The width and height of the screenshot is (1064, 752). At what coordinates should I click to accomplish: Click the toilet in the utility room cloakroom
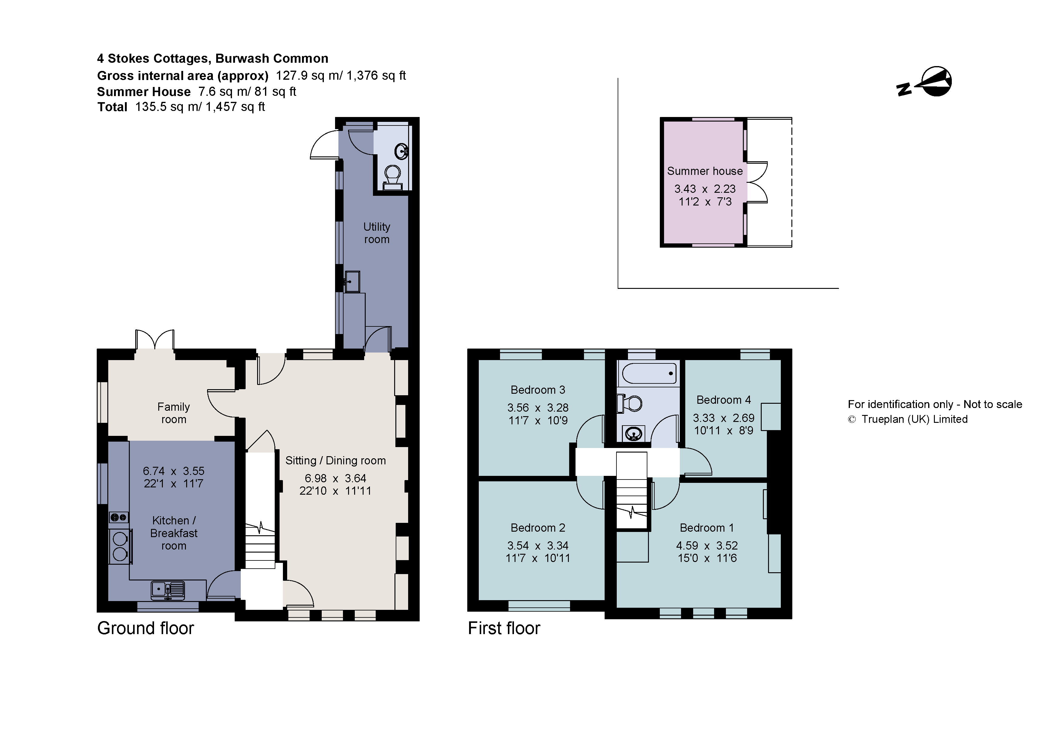[392, 176]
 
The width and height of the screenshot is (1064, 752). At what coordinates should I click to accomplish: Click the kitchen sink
[168, 590]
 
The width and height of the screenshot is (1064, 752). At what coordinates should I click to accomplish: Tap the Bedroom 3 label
[538, 390]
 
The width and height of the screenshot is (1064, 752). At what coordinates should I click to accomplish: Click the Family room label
[173, 413]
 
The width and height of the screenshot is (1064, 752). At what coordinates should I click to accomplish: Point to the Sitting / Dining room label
[335, 460]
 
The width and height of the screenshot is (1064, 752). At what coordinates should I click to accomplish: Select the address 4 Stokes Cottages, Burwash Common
[212, 58]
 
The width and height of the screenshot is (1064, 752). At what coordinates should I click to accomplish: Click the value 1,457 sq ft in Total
[235, 107]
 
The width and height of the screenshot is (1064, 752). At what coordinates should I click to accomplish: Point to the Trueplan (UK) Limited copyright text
[914, 419]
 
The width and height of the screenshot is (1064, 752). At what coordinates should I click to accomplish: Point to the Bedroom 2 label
[538, 527]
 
